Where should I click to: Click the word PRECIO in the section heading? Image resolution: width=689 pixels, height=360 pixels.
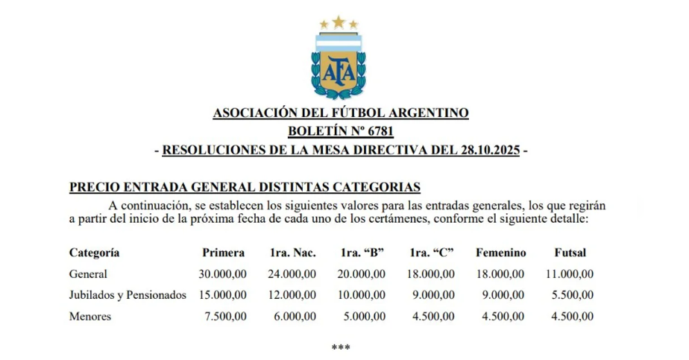[92, 186]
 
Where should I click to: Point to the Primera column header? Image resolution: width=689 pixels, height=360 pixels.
[224, 253]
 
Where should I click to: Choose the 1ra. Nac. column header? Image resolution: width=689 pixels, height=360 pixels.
[292, 253]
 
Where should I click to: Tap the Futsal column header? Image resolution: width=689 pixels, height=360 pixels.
[570, 253]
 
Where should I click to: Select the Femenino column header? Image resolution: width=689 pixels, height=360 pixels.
[501, 253]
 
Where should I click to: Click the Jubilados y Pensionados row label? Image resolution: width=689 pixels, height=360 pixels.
[128, 295]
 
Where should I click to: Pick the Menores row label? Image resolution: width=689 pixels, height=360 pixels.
[90, 316]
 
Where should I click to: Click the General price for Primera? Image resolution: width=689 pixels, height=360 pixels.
[223, 274]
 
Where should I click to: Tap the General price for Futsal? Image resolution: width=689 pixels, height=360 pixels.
[570, 274]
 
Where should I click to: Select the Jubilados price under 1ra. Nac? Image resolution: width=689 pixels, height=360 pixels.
[292, 295]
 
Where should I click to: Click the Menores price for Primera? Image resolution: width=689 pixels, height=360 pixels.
[227, 316]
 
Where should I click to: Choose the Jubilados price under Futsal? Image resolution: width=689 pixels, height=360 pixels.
[573, 295]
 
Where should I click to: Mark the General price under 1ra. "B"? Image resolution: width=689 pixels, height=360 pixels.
[362, 274]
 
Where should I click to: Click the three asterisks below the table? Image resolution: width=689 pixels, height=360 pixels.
[341, 347]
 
